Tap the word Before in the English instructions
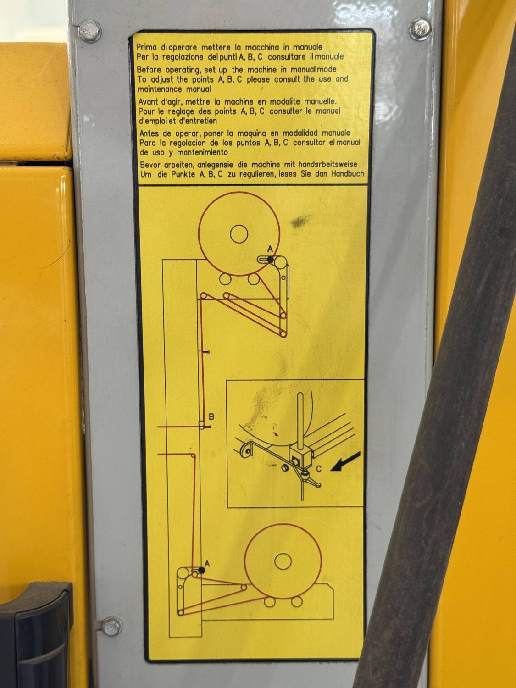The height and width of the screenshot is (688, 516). coord(150,69)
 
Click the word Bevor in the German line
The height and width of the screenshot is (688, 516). coord(151,164)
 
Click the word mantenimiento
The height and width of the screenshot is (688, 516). coord(202,153)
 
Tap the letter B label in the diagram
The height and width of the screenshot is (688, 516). coord(211,417)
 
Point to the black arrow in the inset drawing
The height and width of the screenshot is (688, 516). coord(345,462)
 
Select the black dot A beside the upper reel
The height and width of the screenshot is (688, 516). coord(270,260)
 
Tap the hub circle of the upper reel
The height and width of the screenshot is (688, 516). coord(239,234)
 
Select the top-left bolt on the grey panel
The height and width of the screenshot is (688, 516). coord(90,31)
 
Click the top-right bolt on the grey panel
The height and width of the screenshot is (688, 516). coord(420,29)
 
